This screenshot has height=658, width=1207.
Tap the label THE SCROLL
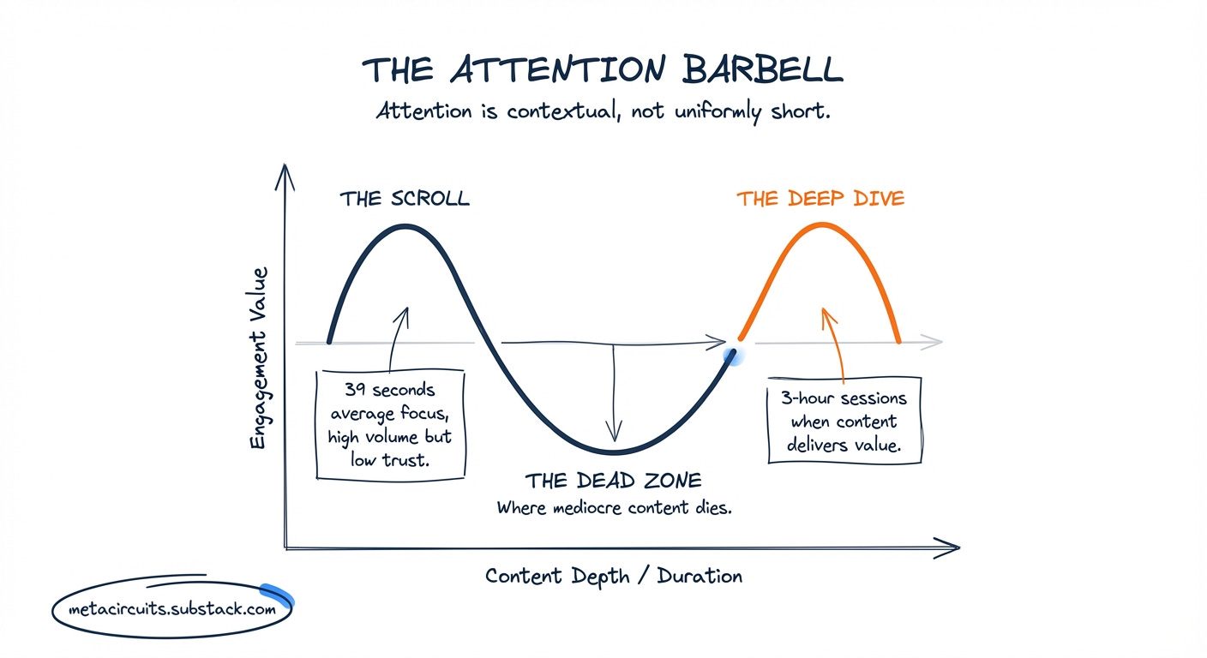click(x=405, y=199)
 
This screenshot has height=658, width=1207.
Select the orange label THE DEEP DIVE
click(x=820, y=199)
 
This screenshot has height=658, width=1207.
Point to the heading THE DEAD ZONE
click(x=613, y=480)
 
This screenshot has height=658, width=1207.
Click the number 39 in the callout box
click(x=356, y=390)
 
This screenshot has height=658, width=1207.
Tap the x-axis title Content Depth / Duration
click(x=614, y=575)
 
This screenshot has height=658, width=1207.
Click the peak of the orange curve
click(x=822, y=224)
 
